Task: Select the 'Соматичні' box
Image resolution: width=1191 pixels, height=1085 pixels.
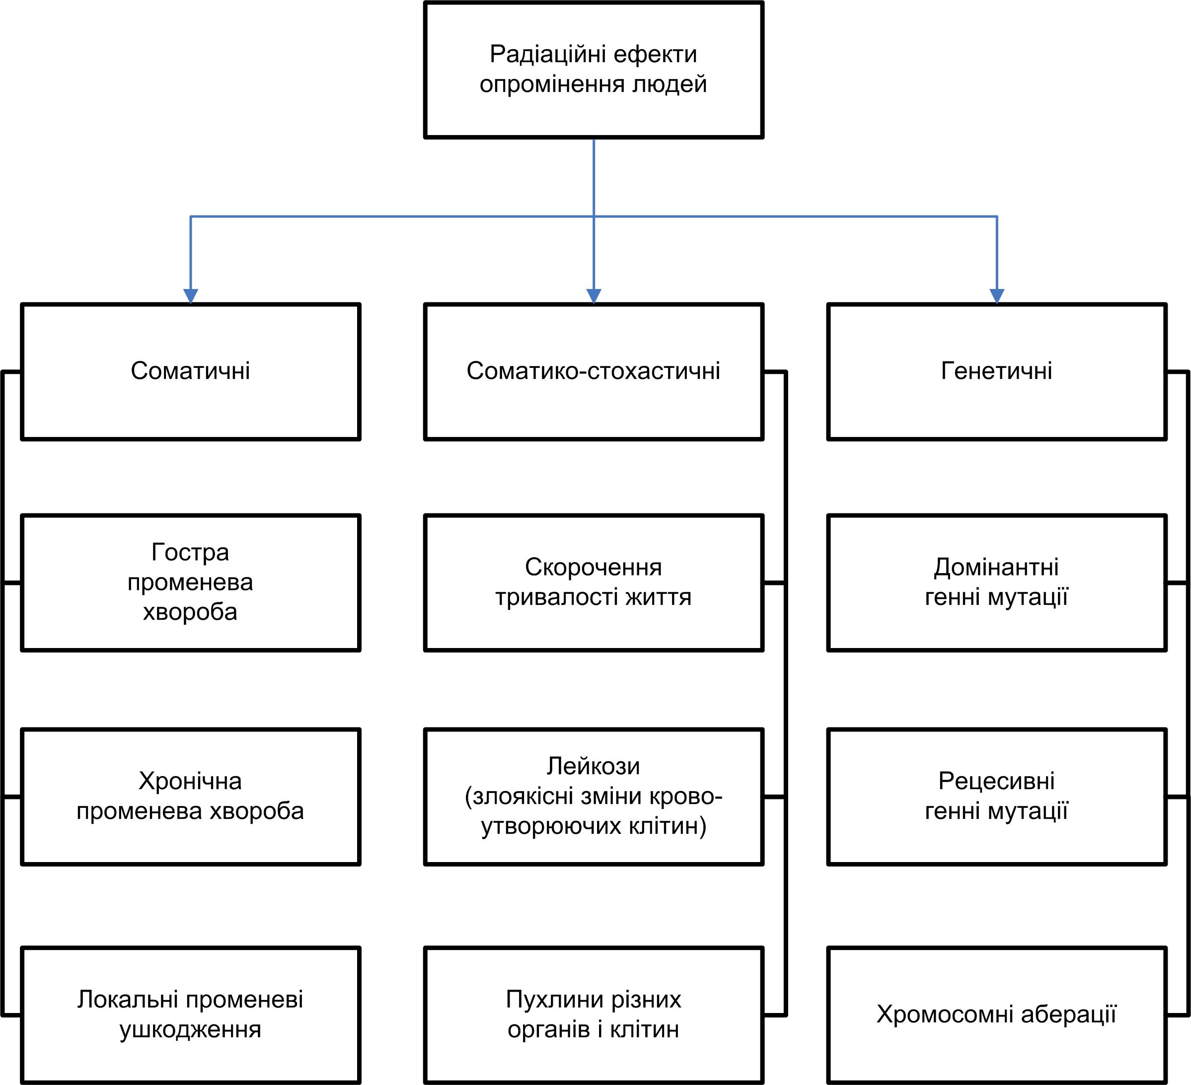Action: [x=190, y=372]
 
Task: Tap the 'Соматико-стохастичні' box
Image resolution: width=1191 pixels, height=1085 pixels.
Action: [x=594, y=372]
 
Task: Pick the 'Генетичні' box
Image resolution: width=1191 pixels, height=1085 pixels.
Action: [x=997, y=372]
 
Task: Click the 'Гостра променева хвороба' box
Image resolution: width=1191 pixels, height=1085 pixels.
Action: [x=190, y=583]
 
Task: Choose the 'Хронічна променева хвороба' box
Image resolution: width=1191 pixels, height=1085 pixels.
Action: [x=190, y=797]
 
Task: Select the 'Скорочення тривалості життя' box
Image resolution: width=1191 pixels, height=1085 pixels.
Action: [x=594, y=583]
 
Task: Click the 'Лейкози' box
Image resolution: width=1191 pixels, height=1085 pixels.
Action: [x=594, y=797]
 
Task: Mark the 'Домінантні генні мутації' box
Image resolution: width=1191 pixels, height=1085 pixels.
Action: [x=997, y=583]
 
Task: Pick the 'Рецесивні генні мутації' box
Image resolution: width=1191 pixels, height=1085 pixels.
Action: [x=997, y=797]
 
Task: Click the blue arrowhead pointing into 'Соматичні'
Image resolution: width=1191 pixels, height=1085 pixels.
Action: [x=190, y=296]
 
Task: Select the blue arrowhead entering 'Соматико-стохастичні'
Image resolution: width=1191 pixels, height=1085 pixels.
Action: [x=594, y=296]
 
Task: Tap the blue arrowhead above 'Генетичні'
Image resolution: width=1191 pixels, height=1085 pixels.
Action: [x=997, y=296]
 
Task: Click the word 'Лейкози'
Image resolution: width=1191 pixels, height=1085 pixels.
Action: [x=593, y=766]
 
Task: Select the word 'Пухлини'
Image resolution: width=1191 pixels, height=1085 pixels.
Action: [x=553, y=1000]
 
